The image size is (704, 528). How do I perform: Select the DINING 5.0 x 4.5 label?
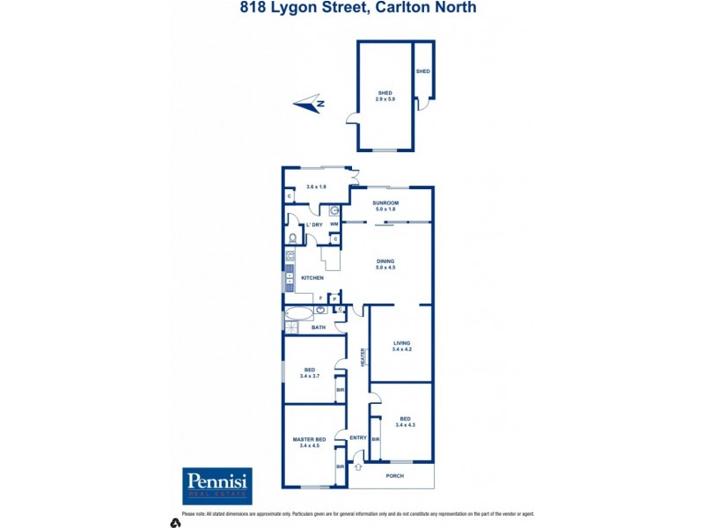[385, 264]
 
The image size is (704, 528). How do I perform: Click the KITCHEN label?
[312, 278]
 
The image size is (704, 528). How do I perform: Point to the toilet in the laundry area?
[292, 238]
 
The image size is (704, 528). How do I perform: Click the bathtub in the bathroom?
[299, 312]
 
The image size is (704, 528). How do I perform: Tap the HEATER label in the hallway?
[362, 357]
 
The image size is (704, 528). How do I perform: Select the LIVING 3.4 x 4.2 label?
[401, 346]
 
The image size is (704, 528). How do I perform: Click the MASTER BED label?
[310, 442]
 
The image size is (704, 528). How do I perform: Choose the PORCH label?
[394, 476]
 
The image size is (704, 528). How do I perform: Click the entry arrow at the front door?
[356, 467]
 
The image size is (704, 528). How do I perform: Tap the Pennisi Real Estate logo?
[216, 485]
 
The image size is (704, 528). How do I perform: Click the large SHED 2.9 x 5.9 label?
[385, 96]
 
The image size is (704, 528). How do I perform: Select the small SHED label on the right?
[422, 71]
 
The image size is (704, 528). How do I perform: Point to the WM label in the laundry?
[334, 224]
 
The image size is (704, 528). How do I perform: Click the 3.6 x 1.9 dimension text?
[316, 187]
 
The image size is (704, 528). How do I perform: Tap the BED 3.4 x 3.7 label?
[310, 373]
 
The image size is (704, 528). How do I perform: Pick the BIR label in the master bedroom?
[340, 467]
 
